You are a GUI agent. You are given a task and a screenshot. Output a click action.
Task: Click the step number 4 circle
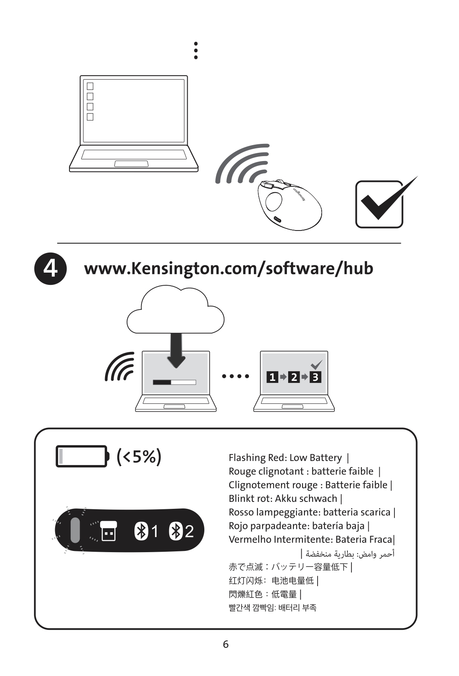click(x=50, y=268)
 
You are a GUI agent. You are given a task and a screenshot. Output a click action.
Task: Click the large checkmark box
click(x=379, y=204)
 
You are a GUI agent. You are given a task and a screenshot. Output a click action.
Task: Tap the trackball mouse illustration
click(x=289, y=205)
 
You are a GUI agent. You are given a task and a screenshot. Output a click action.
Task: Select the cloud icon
click(x=175, y=309)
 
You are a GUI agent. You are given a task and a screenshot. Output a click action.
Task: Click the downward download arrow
click(x=176, y=350)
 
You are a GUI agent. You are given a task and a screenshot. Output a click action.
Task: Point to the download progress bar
click(x=175, y=382)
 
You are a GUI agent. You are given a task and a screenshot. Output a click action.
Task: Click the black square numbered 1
click(x=272, y=377)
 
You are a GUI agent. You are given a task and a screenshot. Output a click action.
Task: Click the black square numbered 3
click(x=316, y=377)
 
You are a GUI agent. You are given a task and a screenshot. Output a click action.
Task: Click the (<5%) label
click(x=139, y=456)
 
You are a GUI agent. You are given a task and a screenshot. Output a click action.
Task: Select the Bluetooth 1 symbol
click(x=141, y=531)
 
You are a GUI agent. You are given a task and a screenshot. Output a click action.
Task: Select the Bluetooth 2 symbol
click(x=176, y=531)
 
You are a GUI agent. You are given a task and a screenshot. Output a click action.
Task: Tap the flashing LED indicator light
click(x=75, y=530)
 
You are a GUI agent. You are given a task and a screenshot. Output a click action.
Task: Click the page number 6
click(x=226, y=644)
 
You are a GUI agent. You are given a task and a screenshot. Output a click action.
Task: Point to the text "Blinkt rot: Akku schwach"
click(x=283, y=499)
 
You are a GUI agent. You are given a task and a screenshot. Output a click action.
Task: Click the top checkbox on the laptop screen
click(x=90, y=86)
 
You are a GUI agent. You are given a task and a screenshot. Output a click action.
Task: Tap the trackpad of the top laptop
click(x=131, y=163)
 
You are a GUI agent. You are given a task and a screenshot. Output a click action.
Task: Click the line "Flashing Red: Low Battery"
click(x=285, y=457)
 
